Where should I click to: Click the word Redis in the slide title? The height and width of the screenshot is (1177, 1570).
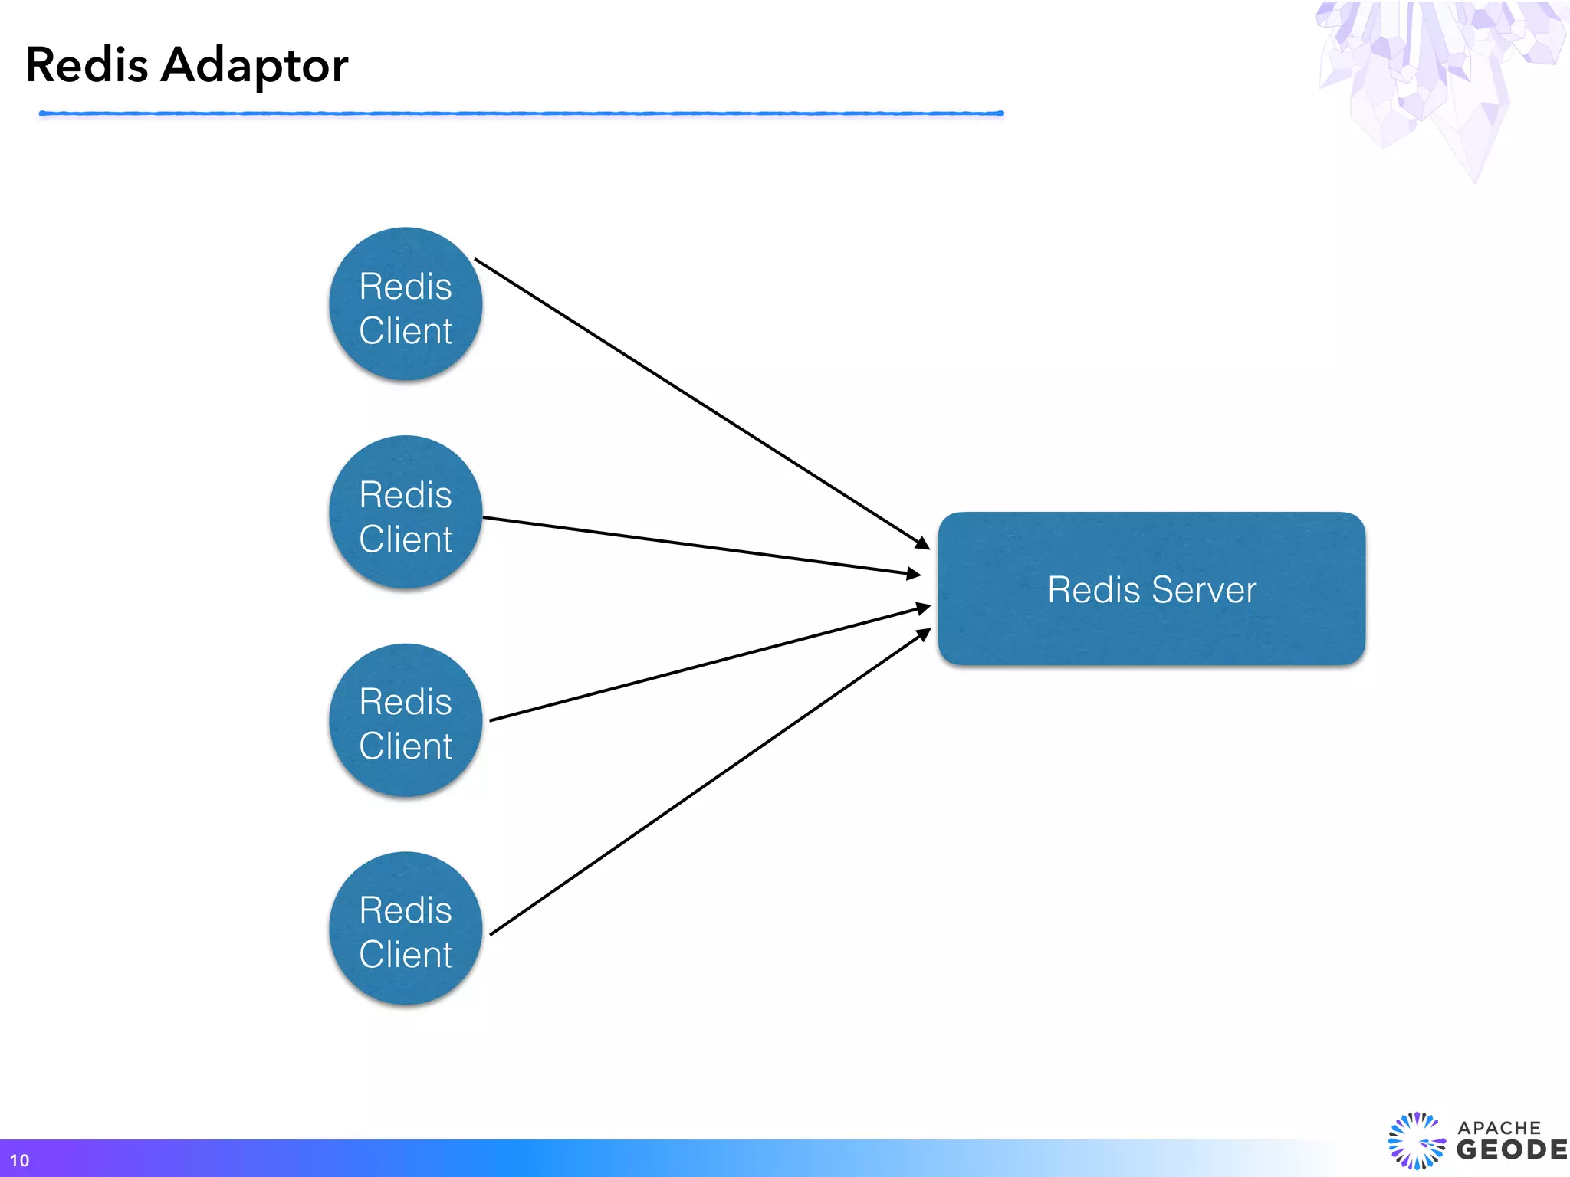pos(87,65)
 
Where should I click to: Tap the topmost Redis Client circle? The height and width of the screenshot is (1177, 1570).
pos(406,304)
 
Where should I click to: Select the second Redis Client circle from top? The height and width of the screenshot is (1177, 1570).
pos(406,512)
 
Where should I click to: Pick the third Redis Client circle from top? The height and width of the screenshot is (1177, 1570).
pos(406,720)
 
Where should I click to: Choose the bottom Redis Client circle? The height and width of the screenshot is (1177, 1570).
pos(406,929)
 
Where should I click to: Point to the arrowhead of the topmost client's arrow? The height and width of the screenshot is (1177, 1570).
pos(922,543)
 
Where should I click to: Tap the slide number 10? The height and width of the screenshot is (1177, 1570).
pos(19,1160)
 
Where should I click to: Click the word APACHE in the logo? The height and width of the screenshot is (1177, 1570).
pos(1499,1128)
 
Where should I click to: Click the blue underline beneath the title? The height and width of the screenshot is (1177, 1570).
pos(521,113)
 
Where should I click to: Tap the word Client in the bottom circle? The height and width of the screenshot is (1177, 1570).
pos(406,955)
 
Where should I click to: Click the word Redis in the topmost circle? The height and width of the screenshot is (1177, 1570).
pos(406,287)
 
